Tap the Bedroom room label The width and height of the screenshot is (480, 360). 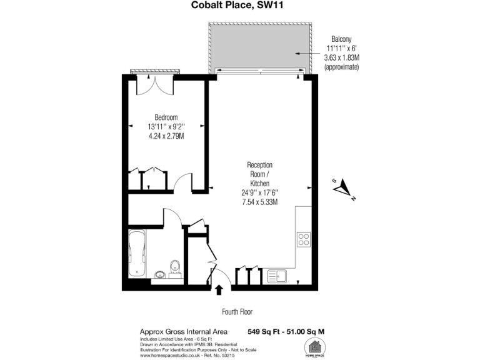coord(166,117)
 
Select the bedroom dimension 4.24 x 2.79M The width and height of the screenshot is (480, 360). coord(166,136)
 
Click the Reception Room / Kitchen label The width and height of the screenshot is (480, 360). coord(260,174)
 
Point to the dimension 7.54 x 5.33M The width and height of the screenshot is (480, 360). coord(260,202)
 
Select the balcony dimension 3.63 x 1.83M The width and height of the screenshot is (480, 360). coord(342,57)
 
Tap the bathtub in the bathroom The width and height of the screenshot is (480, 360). coord(137,254)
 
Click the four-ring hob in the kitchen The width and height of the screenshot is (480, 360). coord(304,239)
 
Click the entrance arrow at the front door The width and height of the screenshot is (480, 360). coord(219,289)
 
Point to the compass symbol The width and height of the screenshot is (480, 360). coord(343,188)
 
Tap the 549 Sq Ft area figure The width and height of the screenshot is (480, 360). coord(263,331)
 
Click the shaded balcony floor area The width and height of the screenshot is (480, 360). coord(260,46)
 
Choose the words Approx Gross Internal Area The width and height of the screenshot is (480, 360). coord(183,331)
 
